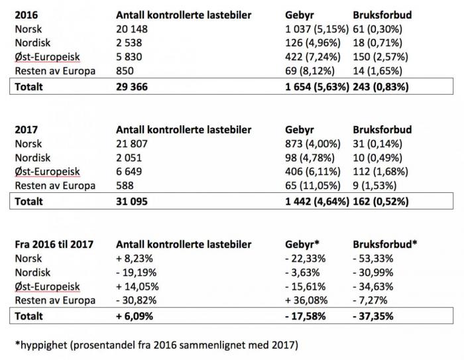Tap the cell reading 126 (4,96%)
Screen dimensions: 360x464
[306, 43]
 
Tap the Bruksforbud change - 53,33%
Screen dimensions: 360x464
[375, 259]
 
